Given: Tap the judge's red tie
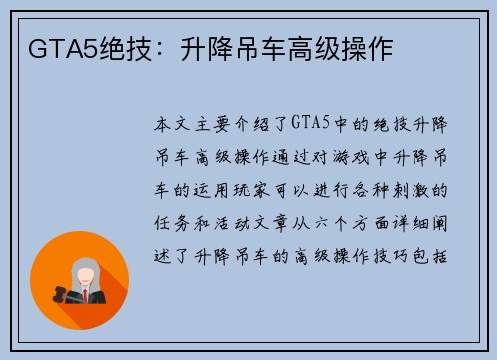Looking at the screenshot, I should coord(86,295).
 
